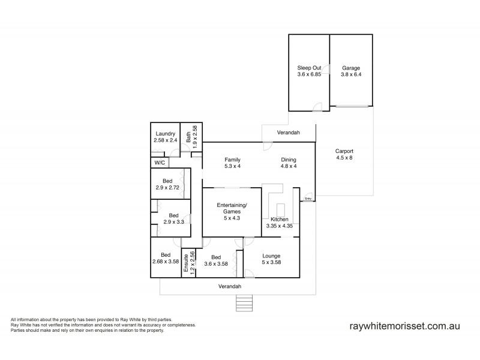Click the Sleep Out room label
(308, 68)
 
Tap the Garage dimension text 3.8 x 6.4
(350, 74)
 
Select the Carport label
(344, 151)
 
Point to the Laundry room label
(165, 133)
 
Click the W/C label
(160, 162)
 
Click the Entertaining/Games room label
(231, 208)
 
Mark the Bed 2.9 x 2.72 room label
(169, 180)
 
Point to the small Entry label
(308, 198)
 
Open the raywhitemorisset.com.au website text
(404, 326)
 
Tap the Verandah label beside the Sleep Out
(288, 132)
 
